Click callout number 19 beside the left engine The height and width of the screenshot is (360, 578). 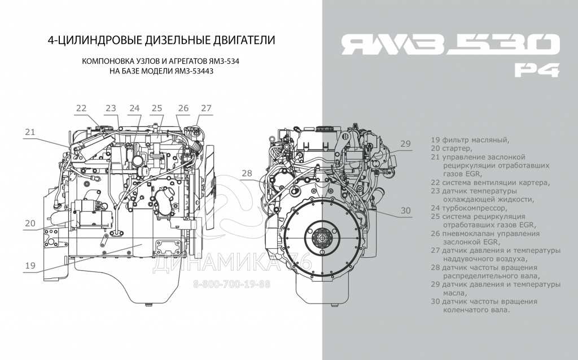point(30,265)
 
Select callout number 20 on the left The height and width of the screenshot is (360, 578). point(30,223)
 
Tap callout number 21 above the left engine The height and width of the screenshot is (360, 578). point(30,132)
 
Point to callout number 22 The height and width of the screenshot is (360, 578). point(82,108)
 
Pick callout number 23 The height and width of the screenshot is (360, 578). point(110,108)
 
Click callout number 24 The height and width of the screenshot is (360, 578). point(134,108)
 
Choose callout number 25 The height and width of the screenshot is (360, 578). point(157,108)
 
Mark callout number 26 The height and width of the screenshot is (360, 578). point(183,108)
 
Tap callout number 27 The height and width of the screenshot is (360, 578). point(206,108)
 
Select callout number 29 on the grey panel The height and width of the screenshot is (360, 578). point(406,144)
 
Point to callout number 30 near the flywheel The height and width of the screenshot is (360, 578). point(406,210)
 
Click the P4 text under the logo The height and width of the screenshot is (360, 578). point(537,70)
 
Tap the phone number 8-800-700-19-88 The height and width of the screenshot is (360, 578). point(232,283)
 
